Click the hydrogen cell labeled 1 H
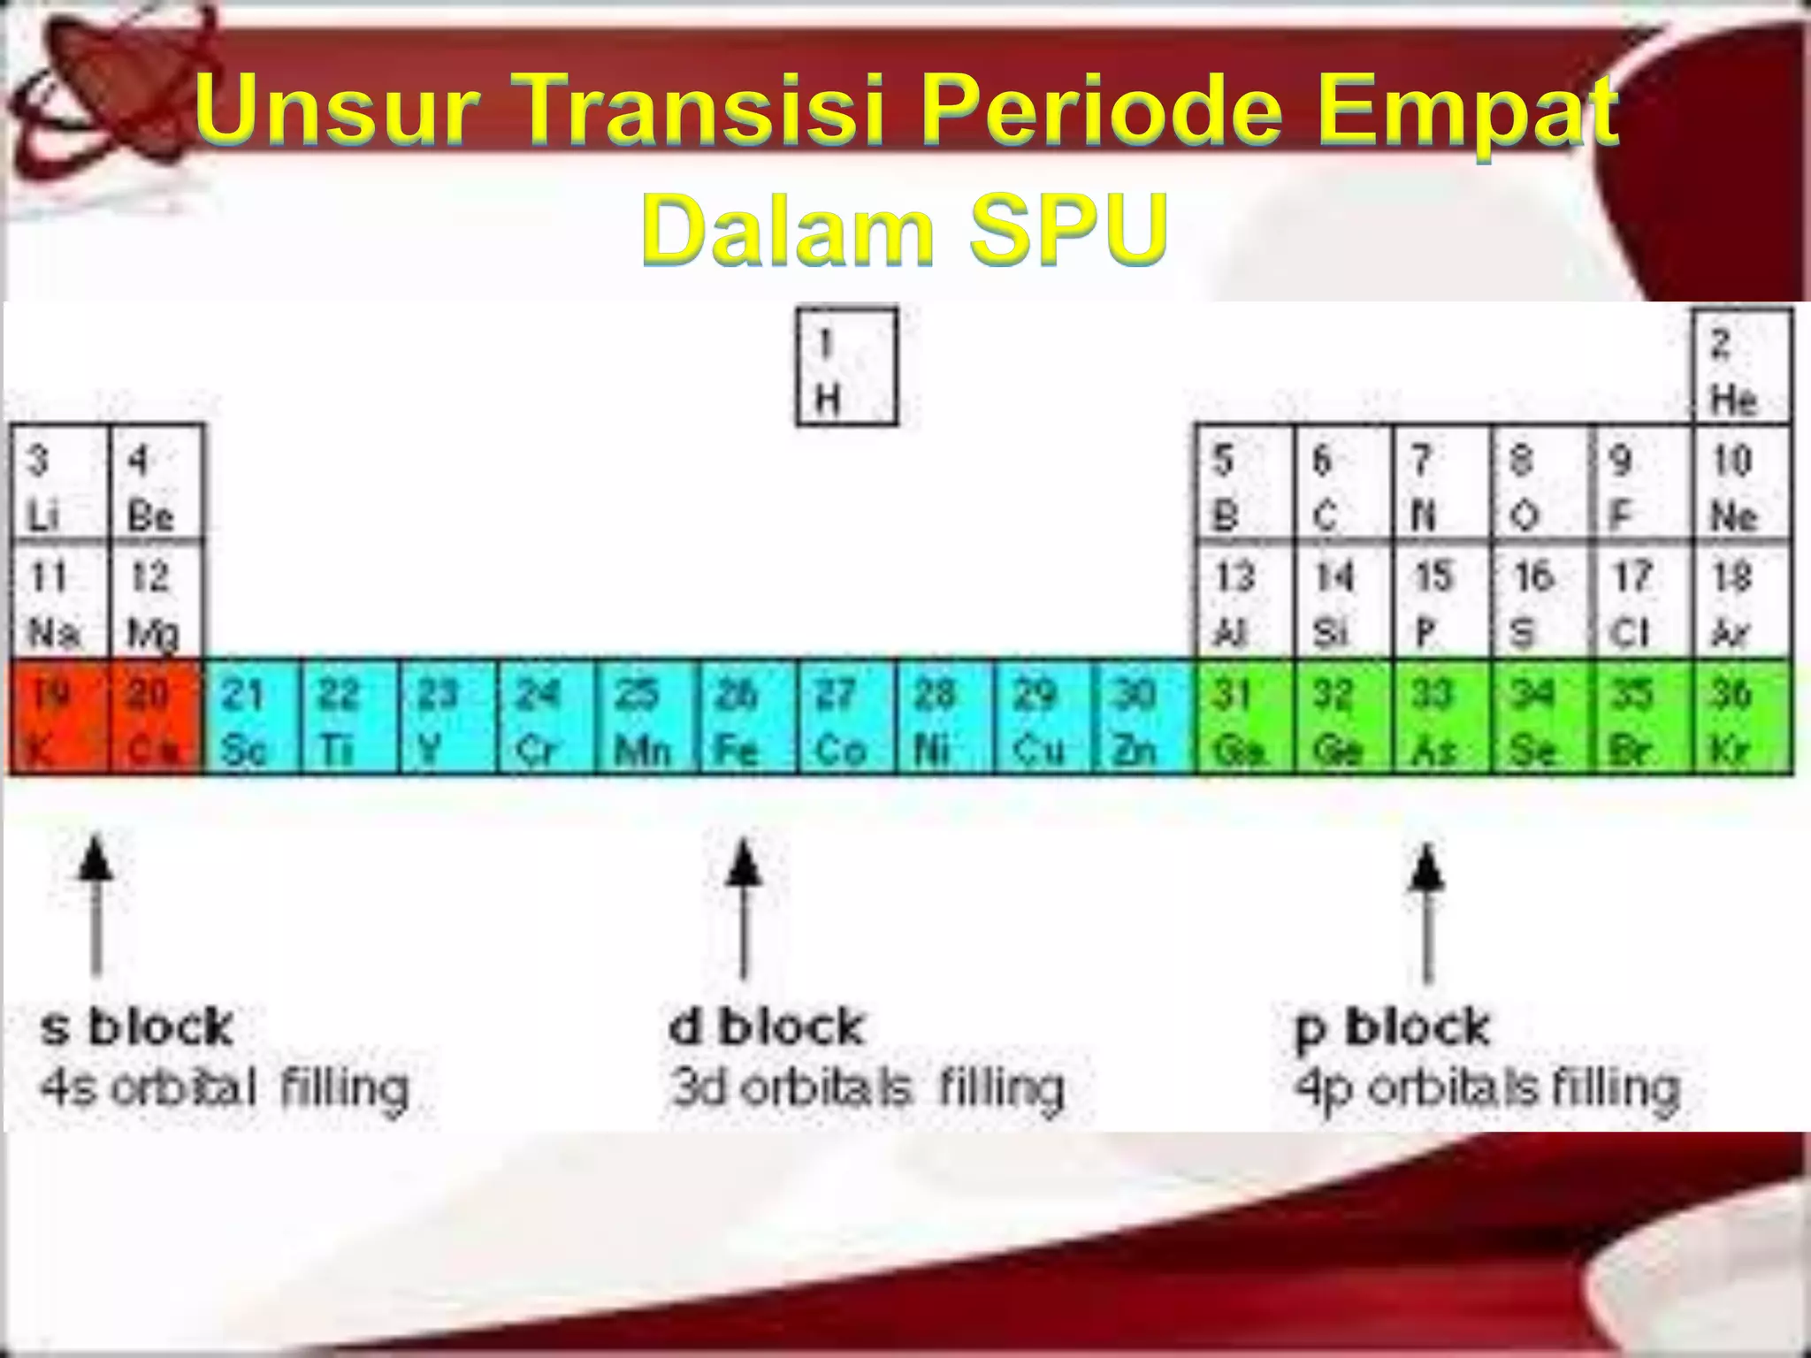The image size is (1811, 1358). [x=846, y=367]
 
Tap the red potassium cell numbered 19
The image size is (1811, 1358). [x=59, y=717]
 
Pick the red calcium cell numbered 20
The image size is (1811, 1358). [x=155, y=717]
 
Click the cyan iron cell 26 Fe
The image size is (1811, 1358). [x=746, y=717]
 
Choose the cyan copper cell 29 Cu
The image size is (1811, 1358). [x=1042, y=717]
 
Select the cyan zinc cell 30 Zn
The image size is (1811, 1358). [x=1142, y=717]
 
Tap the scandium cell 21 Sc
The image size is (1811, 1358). [x=251, y=717]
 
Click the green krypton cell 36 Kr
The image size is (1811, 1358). [x=1742, y=717]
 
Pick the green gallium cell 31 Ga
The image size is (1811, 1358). [x=1243, y=717]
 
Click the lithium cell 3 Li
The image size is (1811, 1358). [x=59, y=483]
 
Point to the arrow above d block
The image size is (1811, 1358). [x=744, y=906]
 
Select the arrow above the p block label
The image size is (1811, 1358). [x=1426, y=911]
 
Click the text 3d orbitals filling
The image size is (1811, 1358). [x=867, y=1087]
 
